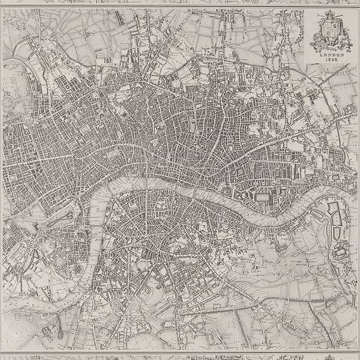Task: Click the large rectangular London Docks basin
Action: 263,196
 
